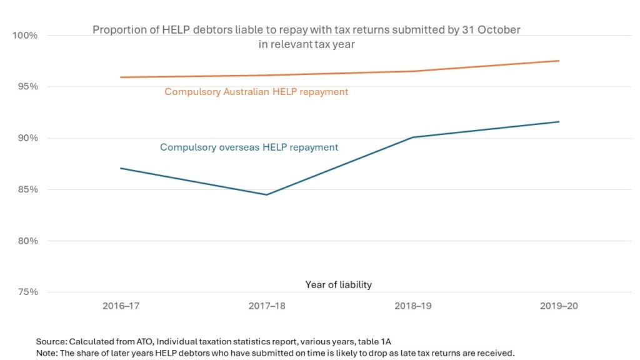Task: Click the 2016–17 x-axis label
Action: pyautogui.click(x=121, y=306)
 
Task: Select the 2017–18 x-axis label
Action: pyautogui.click(x=267, y=306)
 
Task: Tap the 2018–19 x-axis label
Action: pyautogui.click(x=413, y=306)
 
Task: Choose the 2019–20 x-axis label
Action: pyautogui.click(x=559, y=306)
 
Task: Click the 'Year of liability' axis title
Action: pyautogui.click(x=338, y=285)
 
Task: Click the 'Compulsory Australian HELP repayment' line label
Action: pyautogui.click(x=256, y=92)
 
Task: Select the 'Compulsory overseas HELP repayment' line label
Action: pyautogui.click(x=249, y=147)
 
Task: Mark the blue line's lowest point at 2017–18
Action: pyautogui.click(x=267, y=195)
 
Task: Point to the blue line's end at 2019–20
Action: pyautogui.click(x=559, y=122)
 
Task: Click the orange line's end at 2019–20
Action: pyautogui.click(x=559, y=61)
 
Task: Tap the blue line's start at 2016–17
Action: pyautogui.click(x=121, y=168)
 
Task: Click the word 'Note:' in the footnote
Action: pyautogui.click(x=47, y=353)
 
